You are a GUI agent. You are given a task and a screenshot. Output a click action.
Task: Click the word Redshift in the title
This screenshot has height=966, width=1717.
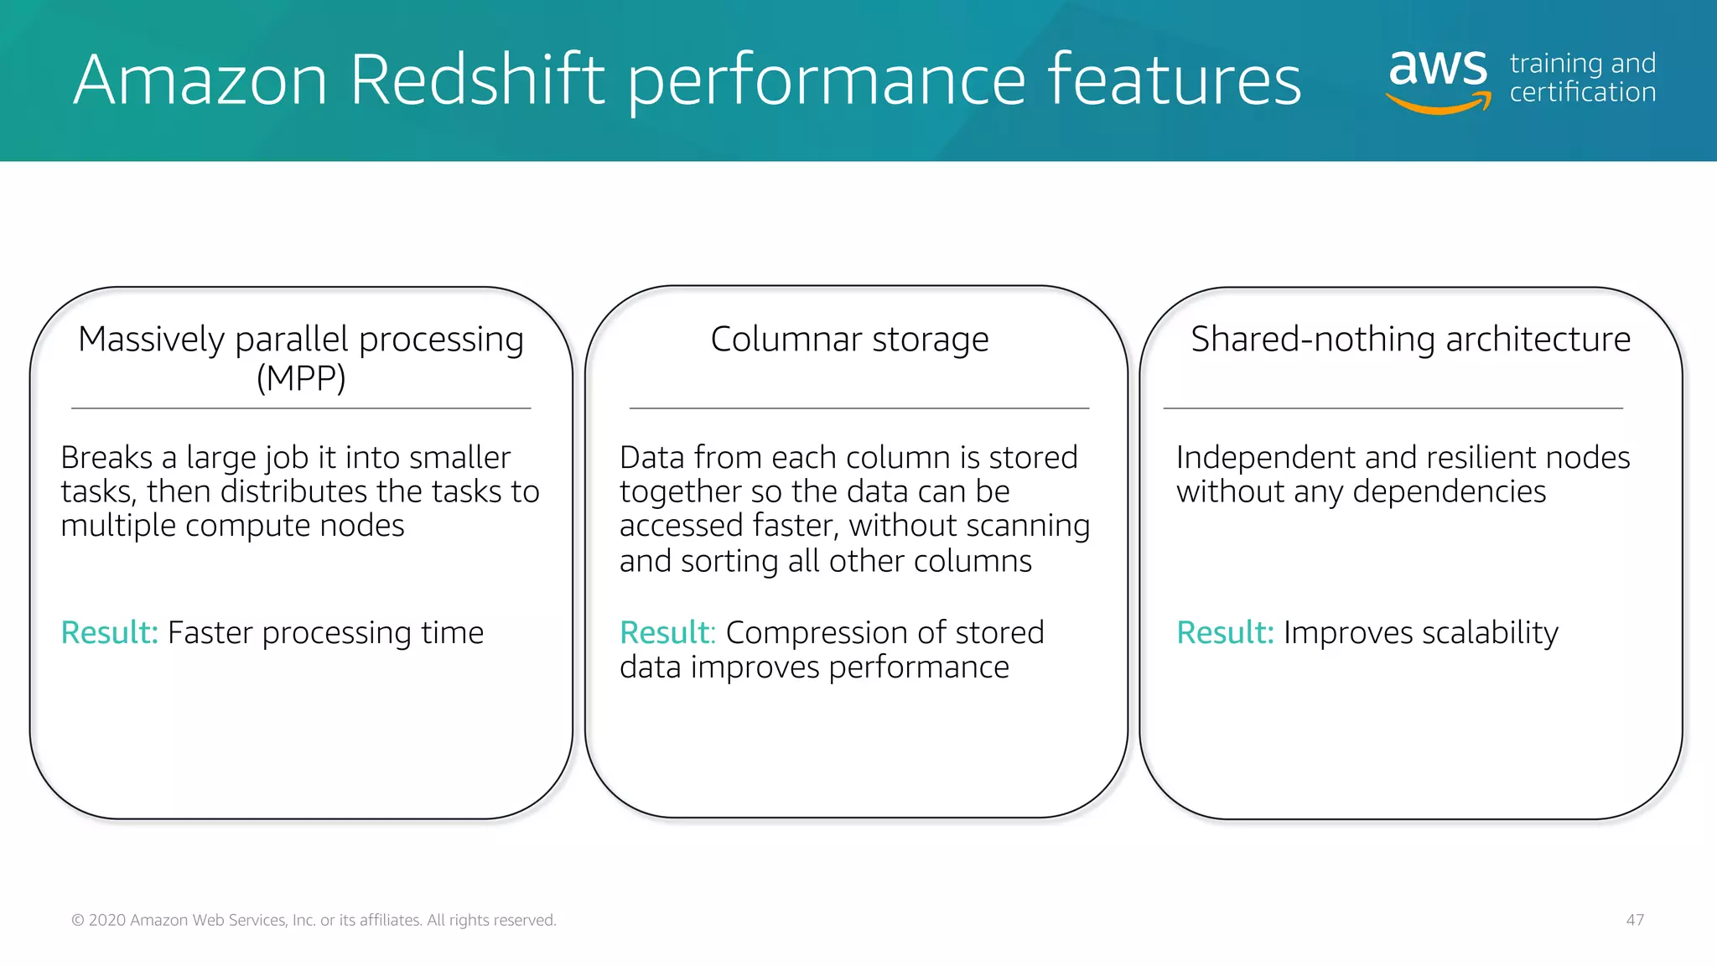click(x=476, y=80)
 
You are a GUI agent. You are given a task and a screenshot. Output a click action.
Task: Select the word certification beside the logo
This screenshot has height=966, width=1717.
click(x=1582, y=92)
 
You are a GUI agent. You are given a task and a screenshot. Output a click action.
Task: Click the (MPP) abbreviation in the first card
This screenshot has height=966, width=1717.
click(x=301, y=378)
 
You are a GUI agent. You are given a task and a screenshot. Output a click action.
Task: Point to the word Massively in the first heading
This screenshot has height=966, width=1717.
click(x=152, y=340)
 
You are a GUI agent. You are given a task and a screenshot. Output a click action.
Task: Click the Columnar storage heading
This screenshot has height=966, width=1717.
click(x=849, y=340)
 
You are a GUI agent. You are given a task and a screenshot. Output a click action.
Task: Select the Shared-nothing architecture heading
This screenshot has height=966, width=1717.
click(x=1410, y=340)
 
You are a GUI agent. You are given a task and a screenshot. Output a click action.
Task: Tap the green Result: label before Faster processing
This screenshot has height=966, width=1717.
click(x=109, y=632)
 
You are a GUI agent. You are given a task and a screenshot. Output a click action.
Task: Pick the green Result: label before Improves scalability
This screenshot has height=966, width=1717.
click(x=1225, y=632)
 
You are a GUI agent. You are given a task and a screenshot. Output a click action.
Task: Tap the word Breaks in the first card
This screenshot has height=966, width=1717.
click(x=106, y=458)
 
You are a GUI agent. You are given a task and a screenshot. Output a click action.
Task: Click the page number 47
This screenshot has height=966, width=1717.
click(x=1635, y=920)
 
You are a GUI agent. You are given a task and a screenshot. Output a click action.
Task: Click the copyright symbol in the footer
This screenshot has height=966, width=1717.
click(x=78, y=921)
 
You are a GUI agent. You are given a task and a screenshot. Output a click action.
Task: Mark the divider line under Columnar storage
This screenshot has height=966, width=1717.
click(x=858, y=408)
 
